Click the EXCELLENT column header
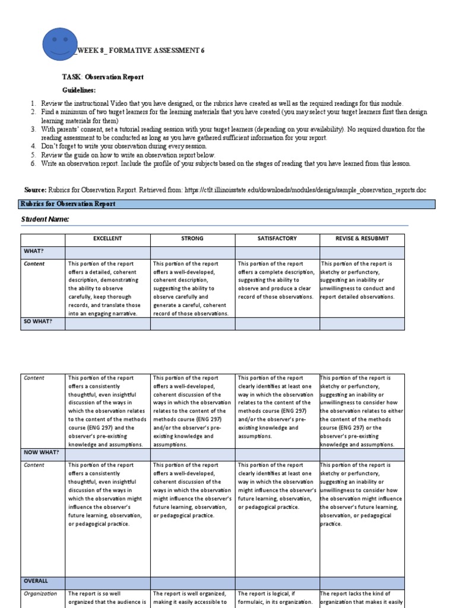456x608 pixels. tap(107, 239)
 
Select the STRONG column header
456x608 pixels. tap(192, 239)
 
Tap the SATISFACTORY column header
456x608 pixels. tap(277, 239)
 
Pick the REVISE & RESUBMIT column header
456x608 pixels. tap(362, 239)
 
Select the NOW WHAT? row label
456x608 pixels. tap(41, 452)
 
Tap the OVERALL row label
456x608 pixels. tap(36, 581)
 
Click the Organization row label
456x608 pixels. tap(40, 593)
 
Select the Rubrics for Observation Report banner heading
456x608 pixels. tap(68, 204)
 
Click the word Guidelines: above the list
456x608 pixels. tap(79, 90)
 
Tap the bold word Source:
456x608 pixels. tap(35, 189)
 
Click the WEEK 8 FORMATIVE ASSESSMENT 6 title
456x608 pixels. tap(140, 51)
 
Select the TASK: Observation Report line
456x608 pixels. tap(103, 77)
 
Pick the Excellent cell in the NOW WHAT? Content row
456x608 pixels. tap(107, 495)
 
